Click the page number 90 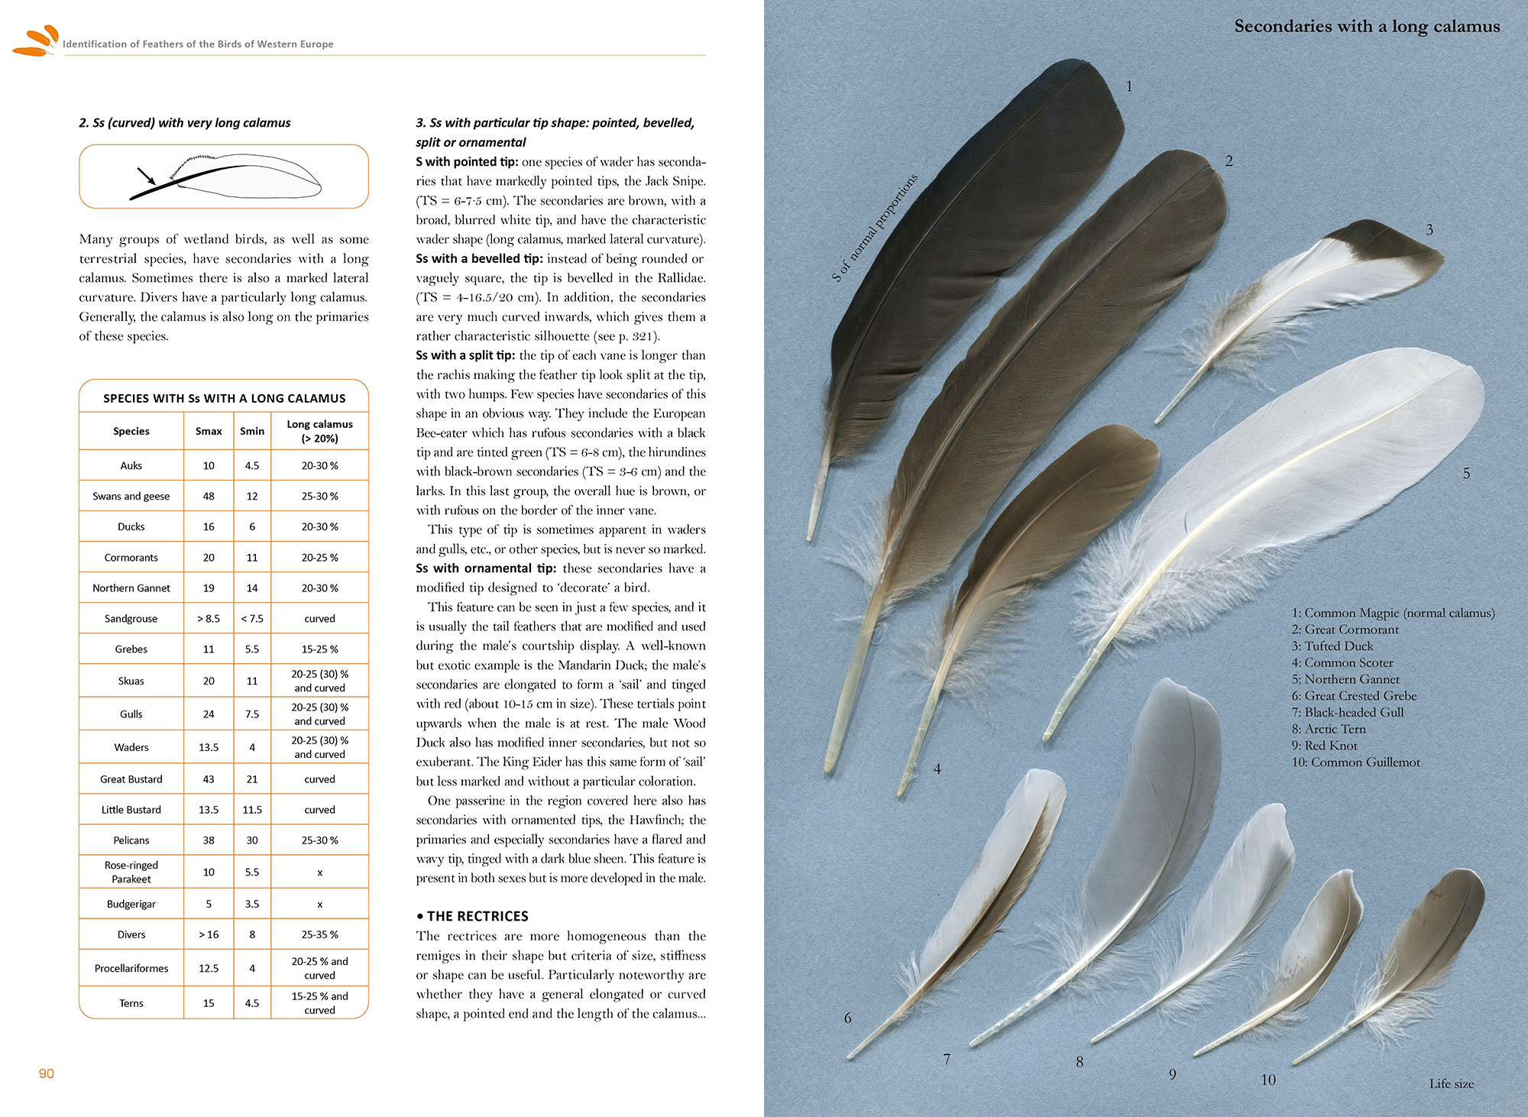[47, 1073]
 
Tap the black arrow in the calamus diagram [145, 176]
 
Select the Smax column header [209, 431]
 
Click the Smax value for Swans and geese [209, 496]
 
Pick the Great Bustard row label [131, 779]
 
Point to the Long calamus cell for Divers [319, 934]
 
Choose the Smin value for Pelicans [252, 840]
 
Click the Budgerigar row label [131, 904]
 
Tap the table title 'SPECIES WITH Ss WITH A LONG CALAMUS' [224, 398]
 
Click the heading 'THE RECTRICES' [477, 916]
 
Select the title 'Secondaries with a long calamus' [1367, 27]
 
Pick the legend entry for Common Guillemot [1355, 762]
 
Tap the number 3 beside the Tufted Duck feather [1429, 229]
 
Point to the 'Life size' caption [1451, 1083]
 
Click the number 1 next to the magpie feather [1129, 86]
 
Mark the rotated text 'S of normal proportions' [874, 228]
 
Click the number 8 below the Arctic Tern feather [1080, 1061]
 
